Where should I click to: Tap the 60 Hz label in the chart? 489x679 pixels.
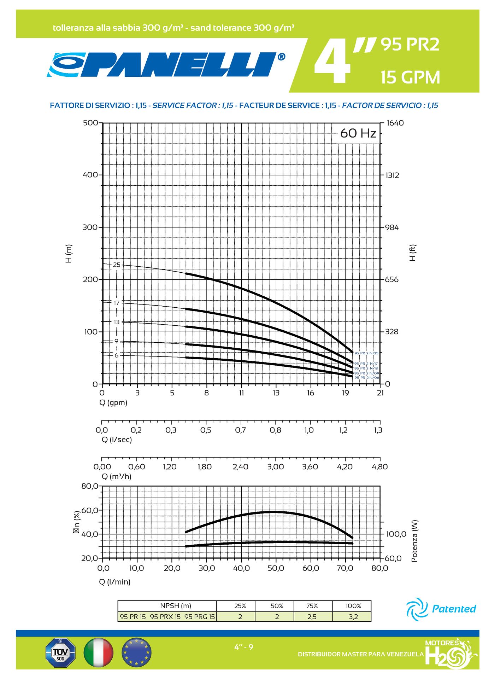click(x=358, y=133)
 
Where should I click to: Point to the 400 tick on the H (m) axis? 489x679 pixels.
click(x=90, y=175)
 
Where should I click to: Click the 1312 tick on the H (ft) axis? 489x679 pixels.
click(x=392, y=175)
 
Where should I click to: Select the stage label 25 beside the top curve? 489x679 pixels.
click(x=117, y=265)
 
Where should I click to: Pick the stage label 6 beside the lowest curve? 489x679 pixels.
click(x=116, y=355)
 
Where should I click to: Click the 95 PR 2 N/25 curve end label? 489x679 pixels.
click(x=366, y=353)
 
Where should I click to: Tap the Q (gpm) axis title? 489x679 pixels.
click(x=113, y=402)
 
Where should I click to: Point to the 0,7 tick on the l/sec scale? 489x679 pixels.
click(x=240, y=430)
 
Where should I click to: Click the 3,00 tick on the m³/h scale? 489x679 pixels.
click(x=275, y=467)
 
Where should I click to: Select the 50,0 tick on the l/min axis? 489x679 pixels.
click(x=276, y=568)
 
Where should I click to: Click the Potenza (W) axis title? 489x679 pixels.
click(x=414, y=541)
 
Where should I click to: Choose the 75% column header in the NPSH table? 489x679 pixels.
click(x=312, y=606)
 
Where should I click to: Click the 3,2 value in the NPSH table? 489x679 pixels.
click(x=353, y=617)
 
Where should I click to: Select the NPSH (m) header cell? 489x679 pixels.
click(x=176, y=606)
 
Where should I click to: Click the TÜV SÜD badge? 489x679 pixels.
click(x=60, y=652)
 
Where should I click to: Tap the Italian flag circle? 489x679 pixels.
click(x=99, y=652)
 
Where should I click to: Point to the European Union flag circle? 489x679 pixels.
click(x=136, y=652)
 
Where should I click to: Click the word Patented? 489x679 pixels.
click(x=454, y=609)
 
